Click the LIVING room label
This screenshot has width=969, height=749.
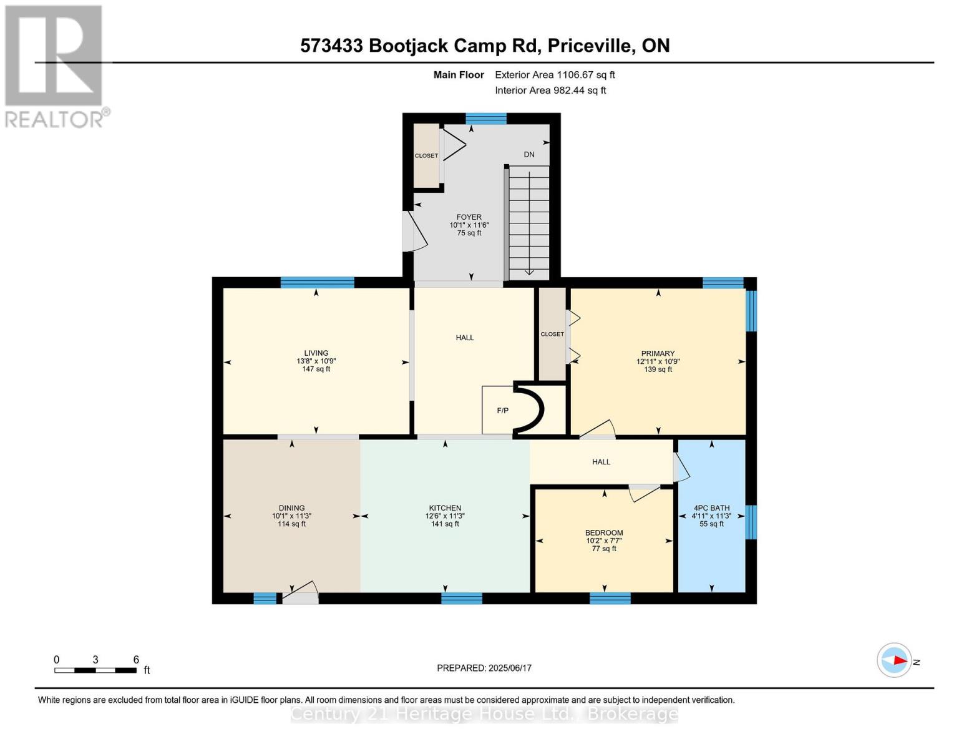click(316, 353)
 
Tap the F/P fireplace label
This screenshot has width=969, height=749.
click(502, 411)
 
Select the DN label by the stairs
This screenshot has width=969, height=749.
click(529, 154)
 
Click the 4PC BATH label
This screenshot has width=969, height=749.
click(712, 507)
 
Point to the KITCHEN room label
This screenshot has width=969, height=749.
click(445, 507)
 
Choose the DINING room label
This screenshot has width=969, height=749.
click(291, 507)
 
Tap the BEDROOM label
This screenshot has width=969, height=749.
click(604, 532)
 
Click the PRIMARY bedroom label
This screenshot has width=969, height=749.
click(658, 353)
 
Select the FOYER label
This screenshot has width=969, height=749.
click(469, 217)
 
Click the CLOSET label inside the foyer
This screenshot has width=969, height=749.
click(426, 155)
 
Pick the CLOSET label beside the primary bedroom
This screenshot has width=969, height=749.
click(552, 334)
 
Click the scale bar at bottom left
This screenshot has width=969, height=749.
click(95, 670)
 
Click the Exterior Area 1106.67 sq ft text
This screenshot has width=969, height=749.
click(555, 75)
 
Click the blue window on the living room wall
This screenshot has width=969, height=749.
click(318, 282)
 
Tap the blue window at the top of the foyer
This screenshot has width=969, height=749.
click(486, 119)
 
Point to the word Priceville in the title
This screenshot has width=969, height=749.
click(590, 46)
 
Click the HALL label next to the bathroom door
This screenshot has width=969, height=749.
click(601, 462)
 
